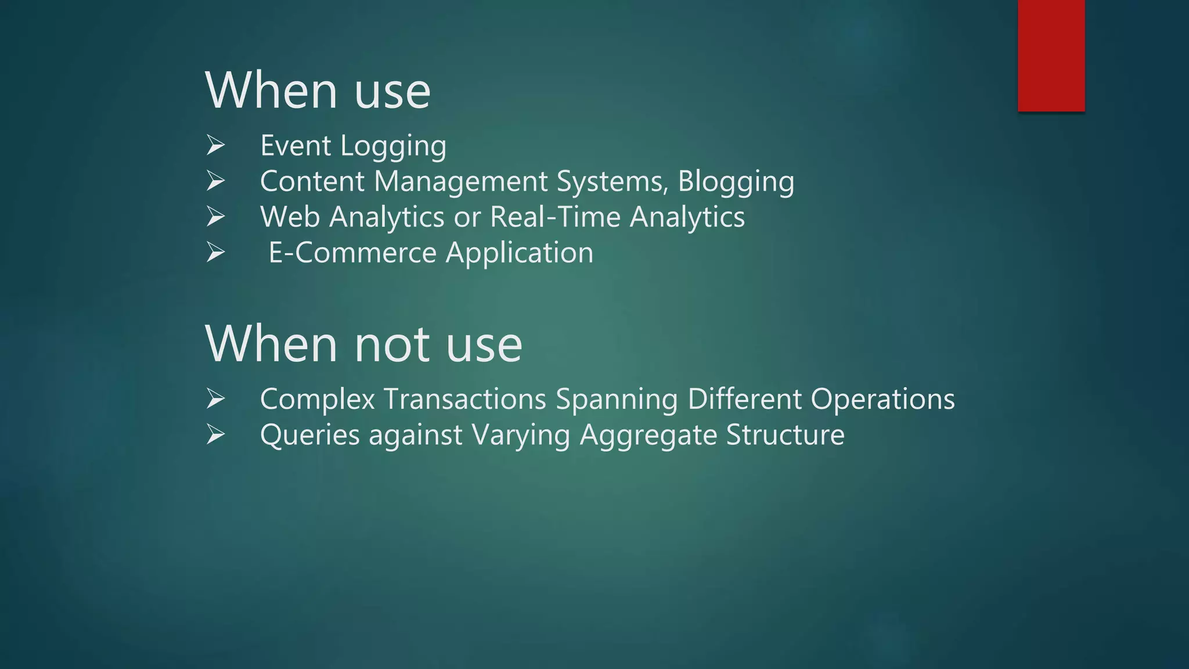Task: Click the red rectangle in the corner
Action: tap(1051, 55)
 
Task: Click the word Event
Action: tap(296, 145)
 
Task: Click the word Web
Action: tap(290, 217)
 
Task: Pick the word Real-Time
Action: tap(555, 217)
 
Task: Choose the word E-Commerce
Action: tap(352, 253)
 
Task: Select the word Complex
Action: tap(317, 400)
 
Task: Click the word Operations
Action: tap(882, 400)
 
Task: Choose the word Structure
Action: tap(785, 436)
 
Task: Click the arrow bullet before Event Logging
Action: tap(215, 145)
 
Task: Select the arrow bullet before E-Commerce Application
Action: tap(215, 253)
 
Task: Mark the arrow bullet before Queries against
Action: tap(215, 435)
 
